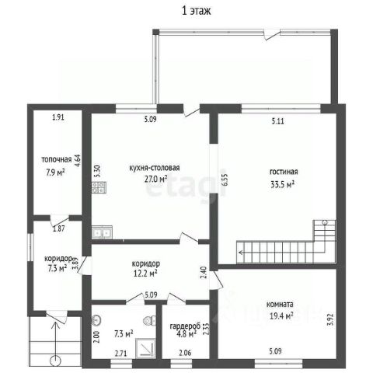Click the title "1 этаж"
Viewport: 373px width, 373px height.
point(196,11)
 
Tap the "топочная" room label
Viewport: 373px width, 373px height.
point(57,159)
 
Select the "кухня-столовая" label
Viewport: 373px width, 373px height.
point(155,168)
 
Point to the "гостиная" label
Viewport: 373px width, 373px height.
point(284,172)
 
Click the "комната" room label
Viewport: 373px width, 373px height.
point(280,304)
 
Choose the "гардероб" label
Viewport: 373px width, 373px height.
point(185,326)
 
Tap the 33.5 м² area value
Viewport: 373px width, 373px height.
point(282,184)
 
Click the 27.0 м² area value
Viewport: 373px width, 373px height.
point(155,179)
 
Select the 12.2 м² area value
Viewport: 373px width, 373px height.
point(145,274)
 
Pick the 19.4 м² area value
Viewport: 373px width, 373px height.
point(281,315)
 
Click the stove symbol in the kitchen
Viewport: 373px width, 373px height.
point(99,187)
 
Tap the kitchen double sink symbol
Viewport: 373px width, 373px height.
point(102,232)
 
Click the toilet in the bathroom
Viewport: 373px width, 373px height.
point(149,321)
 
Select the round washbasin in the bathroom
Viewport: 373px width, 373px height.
point(96,320)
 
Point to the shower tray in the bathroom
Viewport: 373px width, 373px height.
point(146,348)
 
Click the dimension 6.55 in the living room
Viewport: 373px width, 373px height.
point(225,180)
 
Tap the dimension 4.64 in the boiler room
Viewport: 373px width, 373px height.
point(78,161)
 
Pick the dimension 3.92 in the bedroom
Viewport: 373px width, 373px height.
point(330,319)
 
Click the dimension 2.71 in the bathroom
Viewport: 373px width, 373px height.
point(121,353)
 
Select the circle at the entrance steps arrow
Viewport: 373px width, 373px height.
point(55,361)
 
